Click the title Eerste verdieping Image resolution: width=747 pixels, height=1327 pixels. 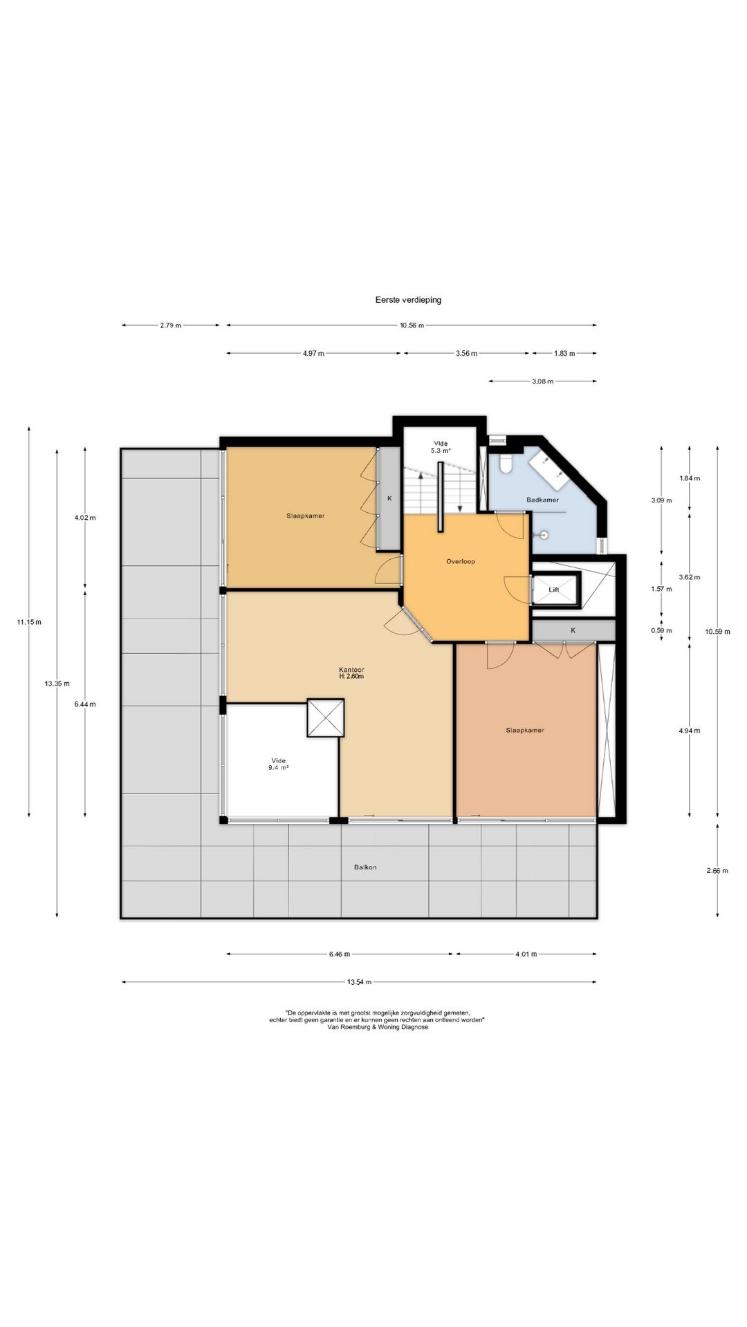coord(408,300)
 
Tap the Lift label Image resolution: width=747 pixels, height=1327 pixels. coord(554,590)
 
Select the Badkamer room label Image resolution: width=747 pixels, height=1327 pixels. coord(542,500)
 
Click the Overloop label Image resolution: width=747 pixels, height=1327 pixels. coord(461,561)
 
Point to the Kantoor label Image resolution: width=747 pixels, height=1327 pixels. coord(351,670)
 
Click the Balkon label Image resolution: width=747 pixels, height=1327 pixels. coord(366,867)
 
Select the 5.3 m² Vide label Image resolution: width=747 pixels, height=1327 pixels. coord(441,447)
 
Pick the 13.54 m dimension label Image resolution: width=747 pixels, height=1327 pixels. coord(359,982)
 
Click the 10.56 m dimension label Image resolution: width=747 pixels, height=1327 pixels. coord(412,326)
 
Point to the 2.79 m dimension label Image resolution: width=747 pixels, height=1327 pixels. coord(170,326)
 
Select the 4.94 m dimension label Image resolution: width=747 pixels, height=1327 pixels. coord(690,731)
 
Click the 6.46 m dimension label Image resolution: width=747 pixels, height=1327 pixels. coord(339,954)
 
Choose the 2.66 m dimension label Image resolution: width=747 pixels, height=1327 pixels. coord(717,871)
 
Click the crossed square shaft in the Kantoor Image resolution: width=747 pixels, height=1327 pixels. coord(325,717)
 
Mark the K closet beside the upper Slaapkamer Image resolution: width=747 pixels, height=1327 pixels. coord(389,498)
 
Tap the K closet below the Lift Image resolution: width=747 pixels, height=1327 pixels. coord(573,630)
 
